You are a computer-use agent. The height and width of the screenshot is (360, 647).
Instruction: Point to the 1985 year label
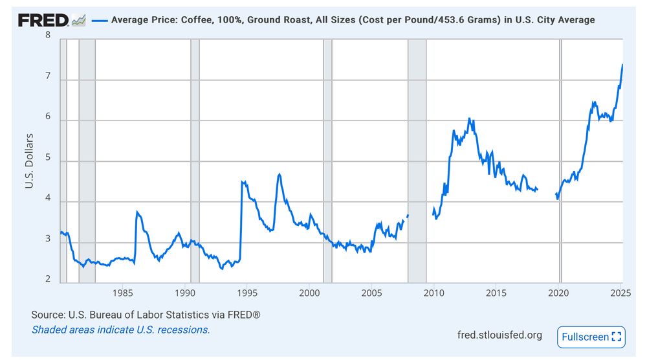[123, 293]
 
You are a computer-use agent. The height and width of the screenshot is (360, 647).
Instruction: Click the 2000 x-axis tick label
[309, 293]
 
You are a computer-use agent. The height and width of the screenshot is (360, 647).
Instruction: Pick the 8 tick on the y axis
[48, 34]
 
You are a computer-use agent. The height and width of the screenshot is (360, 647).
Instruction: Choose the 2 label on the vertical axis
[48, 280]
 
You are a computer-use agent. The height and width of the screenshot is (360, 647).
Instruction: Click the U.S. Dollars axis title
[29, 162]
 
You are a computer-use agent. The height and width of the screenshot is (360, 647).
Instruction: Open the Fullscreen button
[591, 337]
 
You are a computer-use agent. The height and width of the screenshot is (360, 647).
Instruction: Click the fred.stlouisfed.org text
[499, 335]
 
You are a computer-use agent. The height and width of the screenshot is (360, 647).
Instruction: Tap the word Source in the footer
[47, 315]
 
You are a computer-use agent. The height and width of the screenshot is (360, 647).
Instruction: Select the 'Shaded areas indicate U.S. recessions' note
[120, 330]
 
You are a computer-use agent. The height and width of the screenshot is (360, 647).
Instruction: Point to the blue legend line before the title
[98, 20]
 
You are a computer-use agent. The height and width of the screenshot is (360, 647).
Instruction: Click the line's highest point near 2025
[622, 64]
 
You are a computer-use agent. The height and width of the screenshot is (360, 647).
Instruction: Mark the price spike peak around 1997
[279, 174]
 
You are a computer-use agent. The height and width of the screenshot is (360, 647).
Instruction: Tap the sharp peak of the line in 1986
[137, 211]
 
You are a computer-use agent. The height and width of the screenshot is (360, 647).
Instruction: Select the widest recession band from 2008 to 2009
[417, 162]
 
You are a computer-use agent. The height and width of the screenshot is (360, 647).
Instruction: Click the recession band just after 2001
[327, 162]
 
